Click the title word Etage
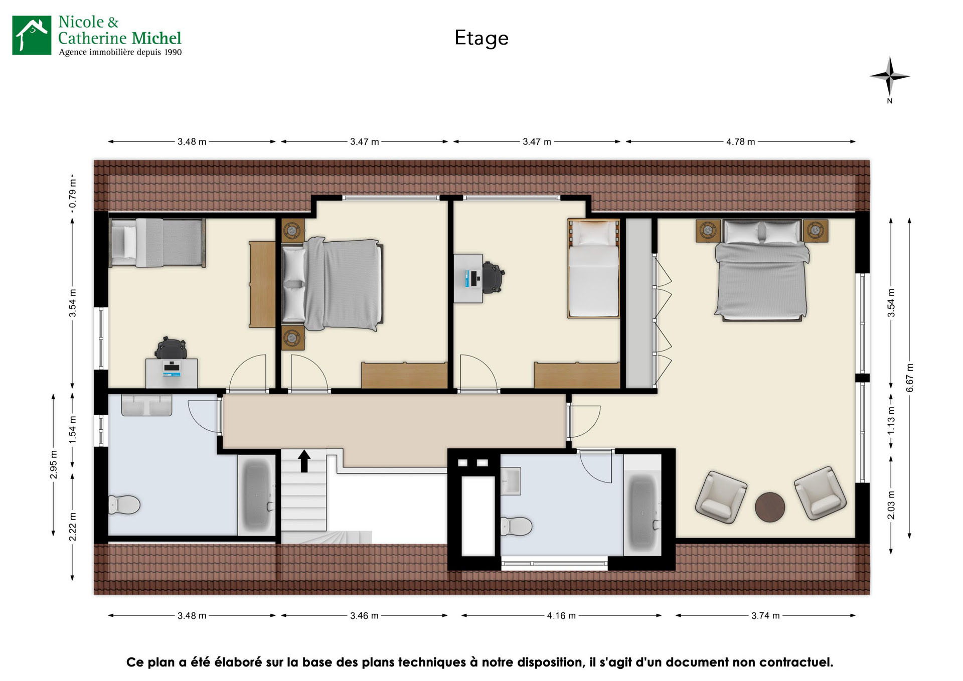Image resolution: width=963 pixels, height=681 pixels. [481, 38]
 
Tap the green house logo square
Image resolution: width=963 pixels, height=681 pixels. [32, 35]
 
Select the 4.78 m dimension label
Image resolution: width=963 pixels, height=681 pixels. [740, 142]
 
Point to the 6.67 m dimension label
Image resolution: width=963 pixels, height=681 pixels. [910, 378]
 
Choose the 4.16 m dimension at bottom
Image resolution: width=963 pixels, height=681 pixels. [561, 616]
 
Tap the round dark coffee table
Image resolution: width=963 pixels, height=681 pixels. [770, 507]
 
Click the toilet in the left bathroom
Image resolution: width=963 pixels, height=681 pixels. [124, 505]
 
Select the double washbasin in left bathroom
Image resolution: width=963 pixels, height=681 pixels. [146, 405]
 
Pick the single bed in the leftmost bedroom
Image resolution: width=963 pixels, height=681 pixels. [157, 243]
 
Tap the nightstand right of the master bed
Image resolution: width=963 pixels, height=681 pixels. [815, 231]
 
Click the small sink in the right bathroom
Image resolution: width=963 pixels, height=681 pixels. [511, 481]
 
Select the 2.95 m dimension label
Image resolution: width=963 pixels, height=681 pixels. [54, 465]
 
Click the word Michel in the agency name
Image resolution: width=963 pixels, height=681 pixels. [156, 39]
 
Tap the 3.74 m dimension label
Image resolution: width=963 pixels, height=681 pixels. [765, 616]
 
